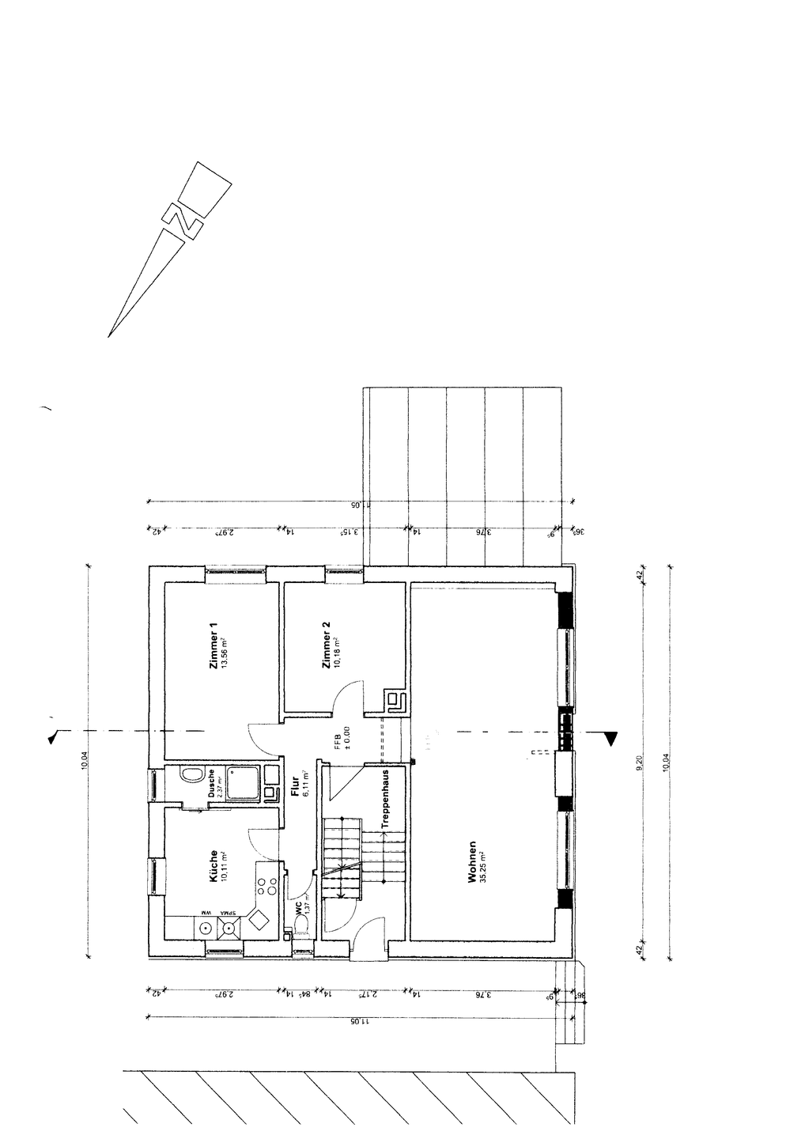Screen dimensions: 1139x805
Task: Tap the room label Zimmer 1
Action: pos(213,646)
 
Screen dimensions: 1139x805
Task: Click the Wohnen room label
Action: pos(472,861)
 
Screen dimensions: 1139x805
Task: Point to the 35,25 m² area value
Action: pos(484,861)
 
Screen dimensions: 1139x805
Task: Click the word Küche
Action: pos(214,865)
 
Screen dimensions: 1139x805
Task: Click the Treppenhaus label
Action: pos(385,798)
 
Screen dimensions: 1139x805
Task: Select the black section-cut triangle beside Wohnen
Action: pos(610,739)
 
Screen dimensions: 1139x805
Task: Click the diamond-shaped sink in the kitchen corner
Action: pos(259,921)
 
